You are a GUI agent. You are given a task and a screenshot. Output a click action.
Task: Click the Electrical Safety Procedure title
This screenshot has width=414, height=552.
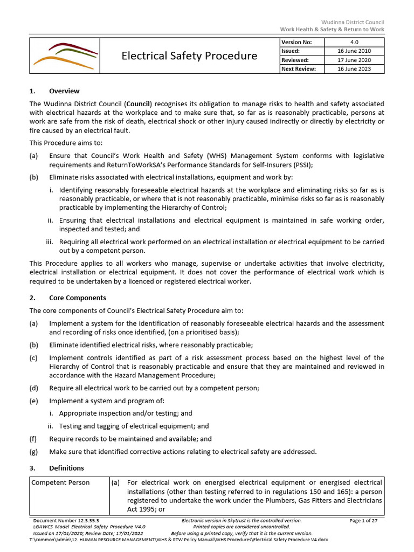(x=189, y=56)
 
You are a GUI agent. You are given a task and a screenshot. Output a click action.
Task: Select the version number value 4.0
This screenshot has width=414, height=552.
(x=354, y=42)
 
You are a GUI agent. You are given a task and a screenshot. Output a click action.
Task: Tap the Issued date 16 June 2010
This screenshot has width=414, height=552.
(x=354, y=51)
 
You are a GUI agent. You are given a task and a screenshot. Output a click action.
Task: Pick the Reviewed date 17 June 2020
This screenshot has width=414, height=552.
(x=354, y=60)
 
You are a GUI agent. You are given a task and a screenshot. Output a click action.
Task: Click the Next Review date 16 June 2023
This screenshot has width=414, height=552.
(x=354, y=69)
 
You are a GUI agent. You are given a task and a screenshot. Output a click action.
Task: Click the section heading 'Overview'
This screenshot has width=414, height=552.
(x=64, y=91)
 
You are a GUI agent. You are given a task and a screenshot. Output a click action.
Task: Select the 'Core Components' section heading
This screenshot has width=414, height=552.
(x=78, y=298)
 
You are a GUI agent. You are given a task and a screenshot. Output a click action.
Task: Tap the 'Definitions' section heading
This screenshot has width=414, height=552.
(x=66, y=468)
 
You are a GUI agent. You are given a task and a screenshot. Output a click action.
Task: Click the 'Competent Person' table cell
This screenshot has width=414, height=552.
(x=61, y=482)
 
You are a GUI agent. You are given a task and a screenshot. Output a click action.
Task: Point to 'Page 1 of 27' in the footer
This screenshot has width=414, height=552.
(x=367, y=520)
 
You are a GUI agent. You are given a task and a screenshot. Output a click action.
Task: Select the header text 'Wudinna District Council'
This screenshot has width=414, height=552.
(x=353, y=22)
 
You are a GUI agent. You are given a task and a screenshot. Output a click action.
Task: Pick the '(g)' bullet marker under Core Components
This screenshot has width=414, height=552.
(x=33, y=452)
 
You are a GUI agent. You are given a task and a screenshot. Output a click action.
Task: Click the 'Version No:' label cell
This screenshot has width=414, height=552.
(x=295, y=42)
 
